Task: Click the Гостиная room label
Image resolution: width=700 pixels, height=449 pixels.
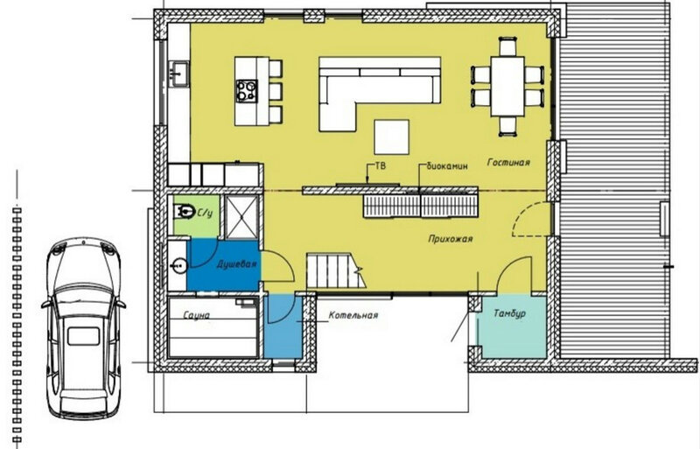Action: (x=508, y=162)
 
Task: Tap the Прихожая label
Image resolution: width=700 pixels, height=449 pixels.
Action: (x=450, y=239)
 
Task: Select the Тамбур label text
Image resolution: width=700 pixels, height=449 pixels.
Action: (x=509, y=313)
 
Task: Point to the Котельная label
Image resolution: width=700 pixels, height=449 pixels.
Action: (x=353, y=315)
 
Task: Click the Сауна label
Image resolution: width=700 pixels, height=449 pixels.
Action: (x=196, y=315)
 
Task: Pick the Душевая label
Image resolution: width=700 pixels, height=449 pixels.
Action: (x=236, y=264)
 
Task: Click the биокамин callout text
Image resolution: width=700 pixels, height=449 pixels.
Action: (x=447, y=166)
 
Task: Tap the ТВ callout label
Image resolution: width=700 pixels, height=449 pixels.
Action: (x=381, y=166)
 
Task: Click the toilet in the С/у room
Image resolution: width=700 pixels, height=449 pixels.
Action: (x=184, y=211)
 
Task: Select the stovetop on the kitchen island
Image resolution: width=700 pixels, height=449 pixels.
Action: (x=247, y=91)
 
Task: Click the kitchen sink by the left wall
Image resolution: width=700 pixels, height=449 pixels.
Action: (x=179, y=74)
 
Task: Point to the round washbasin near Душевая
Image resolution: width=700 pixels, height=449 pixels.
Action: (x=178, y=266)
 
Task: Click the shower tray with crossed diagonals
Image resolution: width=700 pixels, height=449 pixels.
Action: (x=241, y=217)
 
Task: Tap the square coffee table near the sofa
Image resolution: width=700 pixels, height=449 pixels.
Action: (x=391, y=137)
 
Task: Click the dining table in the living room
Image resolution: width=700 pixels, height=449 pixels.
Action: (x=507, y=87)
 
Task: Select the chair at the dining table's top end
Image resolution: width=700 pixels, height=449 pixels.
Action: (x=507, y=47)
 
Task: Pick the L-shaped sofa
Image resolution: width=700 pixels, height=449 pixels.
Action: (x=380, y=94)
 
